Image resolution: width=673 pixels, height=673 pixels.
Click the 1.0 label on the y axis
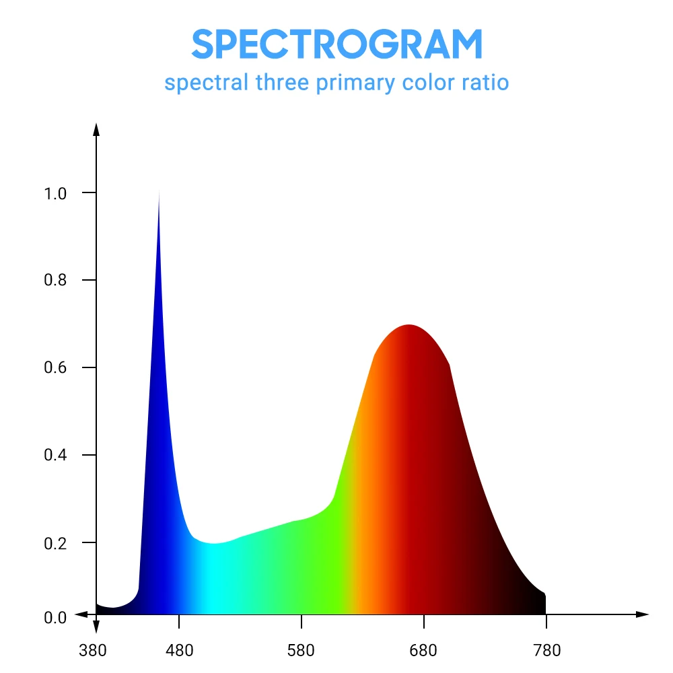coord(55,193)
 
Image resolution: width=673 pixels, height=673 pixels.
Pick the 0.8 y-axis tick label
coord(55,281)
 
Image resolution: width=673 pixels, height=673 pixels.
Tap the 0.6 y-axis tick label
coord(55,368)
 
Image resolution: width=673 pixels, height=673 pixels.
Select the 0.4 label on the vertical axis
coord(55,456)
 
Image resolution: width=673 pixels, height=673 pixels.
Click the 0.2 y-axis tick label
coord(55,543)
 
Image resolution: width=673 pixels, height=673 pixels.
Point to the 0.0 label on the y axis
coord(55,617)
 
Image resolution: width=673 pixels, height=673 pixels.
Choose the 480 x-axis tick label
coord(179,651)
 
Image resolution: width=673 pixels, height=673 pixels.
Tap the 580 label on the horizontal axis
coord(302,651)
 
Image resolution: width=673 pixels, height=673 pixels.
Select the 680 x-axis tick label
coord(424,651)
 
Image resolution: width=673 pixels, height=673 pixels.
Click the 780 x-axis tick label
coord(546,651)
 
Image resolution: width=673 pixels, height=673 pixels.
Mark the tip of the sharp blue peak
coord(159,193)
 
